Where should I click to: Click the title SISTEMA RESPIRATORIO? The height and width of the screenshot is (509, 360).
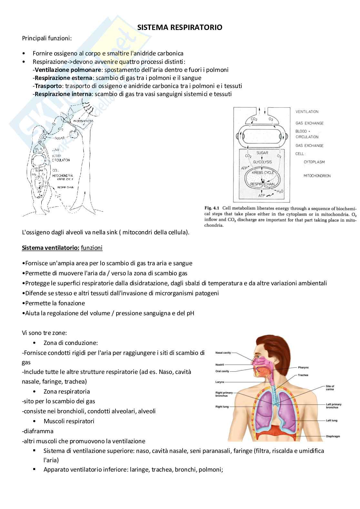(180, 28)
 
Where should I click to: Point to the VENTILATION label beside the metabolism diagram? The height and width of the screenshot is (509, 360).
(307, 112)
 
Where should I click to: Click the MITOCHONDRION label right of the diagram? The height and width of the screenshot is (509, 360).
(317, 176)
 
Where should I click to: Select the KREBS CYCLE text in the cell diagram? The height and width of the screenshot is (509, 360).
(263, 173)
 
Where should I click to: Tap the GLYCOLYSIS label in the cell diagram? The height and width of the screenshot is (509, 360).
(262, 162)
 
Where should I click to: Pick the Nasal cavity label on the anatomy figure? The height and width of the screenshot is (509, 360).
(223, 353)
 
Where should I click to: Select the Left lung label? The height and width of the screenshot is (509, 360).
(331, 421)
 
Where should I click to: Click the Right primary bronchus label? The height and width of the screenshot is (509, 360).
(224, 394)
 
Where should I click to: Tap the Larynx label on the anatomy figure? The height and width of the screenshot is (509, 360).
(220, 382)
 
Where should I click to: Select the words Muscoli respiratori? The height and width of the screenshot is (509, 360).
(69, 421)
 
